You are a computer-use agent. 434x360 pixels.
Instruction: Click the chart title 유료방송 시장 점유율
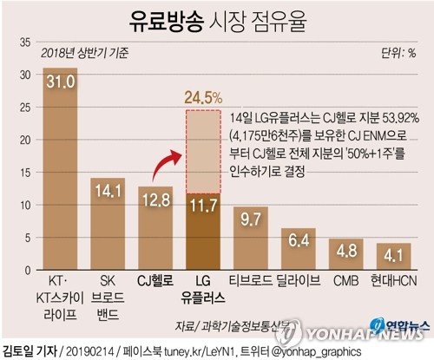point(217,19)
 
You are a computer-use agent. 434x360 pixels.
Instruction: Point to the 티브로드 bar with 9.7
point(251,238)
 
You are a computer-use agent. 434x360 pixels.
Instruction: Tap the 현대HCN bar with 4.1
point(393,257)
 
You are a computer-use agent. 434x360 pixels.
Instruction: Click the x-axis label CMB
point(345,280)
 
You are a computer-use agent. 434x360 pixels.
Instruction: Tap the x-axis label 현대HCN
point(392,280)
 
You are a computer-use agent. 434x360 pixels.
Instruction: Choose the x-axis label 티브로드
point(251,280)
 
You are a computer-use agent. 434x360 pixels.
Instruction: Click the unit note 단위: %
point(398,53)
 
